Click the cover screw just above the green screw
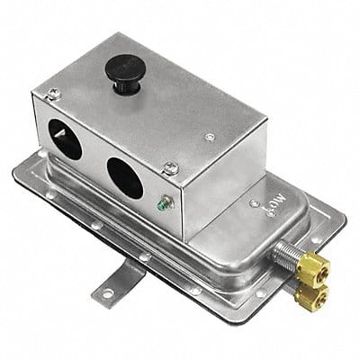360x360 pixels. (x=169, y=167)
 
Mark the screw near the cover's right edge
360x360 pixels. (x=210, y=138)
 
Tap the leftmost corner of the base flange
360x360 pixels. (x=17, y=168)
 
